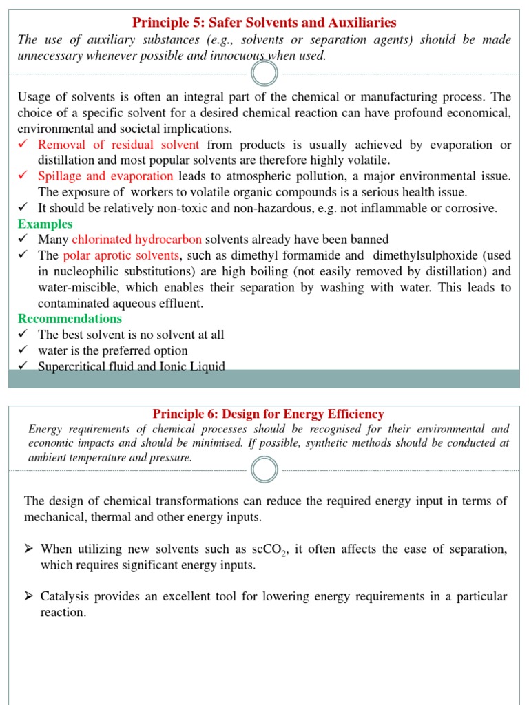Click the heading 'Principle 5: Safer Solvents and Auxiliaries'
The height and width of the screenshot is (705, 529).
pyautogui.click(x=264, y=23)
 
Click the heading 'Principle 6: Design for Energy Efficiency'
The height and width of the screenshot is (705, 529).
pyautogui.click(x=268, y=414)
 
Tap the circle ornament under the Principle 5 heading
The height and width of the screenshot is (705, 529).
pyautogui.click(x=264, y=74)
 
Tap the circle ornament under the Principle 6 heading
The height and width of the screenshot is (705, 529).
pyautogui.click(x=264, y=470)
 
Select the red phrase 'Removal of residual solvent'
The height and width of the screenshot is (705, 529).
pyautogui.click(x=118, y=145)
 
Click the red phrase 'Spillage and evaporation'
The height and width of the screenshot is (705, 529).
pyautogui.click(x=105, y=176)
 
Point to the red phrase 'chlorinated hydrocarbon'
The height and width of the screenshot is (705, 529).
pyautogui.click(x=137, y=240)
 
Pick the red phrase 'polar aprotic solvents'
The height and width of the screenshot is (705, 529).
pyautogui.click(x=121, y=255)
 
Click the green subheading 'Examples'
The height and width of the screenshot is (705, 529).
pyautogui.click(x=45, y=224)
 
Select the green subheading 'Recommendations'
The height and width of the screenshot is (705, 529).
pyautogui.click(x=70, y=319)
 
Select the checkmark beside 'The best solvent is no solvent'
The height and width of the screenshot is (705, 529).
pyautogui.click(x=23, y=335)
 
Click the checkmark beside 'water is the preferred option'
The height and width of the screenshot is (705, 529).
pyautogui.click(x=23, y=350)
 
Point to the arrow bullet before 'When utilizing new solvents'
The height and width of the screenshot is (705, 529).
pyautogui.click(x=29, y=549)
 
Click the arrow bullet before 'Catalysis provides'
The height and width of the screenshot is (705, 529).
pyautogui.click(x=29, y=596)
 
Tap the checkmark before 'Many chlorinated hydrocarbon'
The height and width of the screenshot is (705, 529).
pyautogui.click(x=23, y=240)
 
